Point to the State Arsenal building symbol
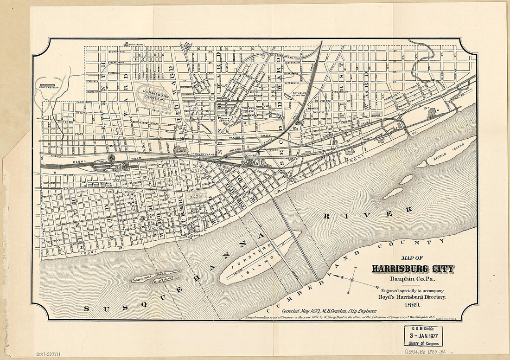[x=126, y=45]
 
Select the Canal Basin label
[x=180, y=151]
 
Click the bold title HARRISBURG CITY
[x=413, y=269]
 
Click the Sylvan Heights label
[x=225, y=119]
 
